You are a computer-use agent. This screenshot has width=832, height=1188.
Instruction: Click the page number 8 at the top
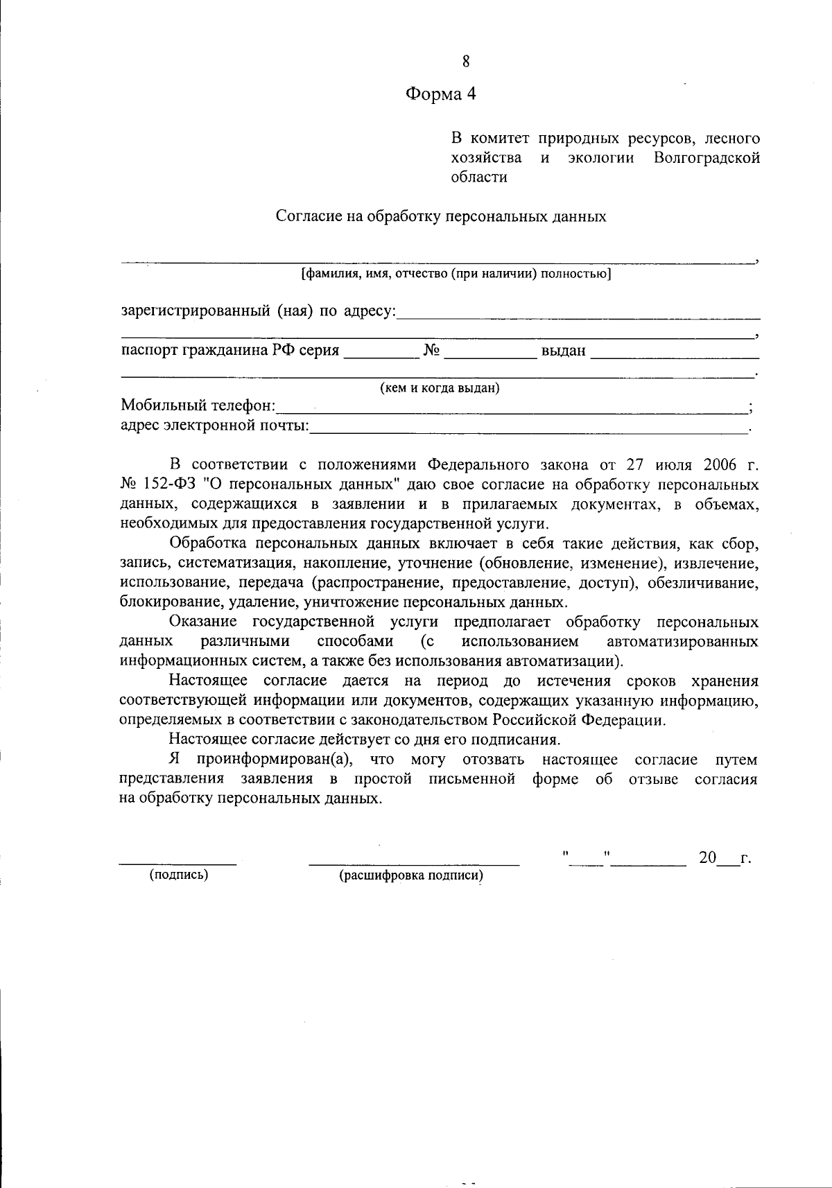(466, 62)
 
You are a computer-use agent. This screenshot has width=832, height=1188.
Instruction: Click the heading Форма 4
(441, 94)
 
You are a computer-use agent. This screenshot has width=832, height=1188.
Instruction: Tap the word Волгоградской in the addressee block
(707, 157)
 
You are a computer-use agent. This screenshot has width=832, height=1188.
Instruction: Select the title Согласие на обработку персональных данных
(441, 216)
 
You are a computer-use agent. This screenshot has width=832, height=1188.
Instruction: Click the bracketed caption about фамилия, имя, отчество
(456, 274)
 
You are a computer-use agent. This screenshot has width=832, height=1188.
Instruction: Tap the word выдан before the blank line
(564, 351)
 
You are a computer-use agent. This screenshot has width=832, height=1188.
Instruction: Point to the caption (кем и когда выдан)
(440, 388)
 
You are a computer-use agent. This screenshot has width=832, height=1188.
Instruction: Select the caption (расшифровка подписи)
(411, 875)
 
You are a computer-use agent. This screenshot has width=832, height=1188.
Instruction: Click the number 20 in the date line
(707, 858)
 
